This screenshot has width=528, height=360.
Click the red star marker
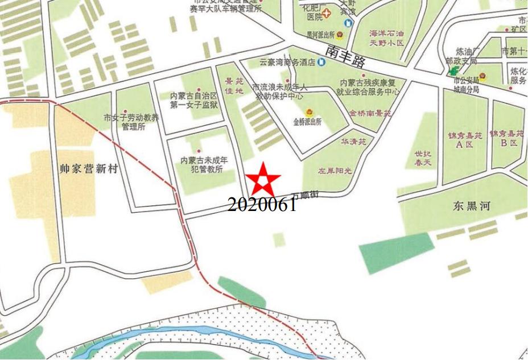(263, 181)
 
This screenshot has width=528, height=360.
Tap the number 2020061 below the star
(262, 205)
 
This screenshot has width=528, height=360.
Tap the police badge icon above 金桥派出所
(310, 112)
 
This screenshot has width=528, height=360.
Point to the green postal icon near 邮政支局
(453, 71)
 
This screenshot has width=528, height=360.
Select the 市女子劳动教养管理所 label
(131, 122)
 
